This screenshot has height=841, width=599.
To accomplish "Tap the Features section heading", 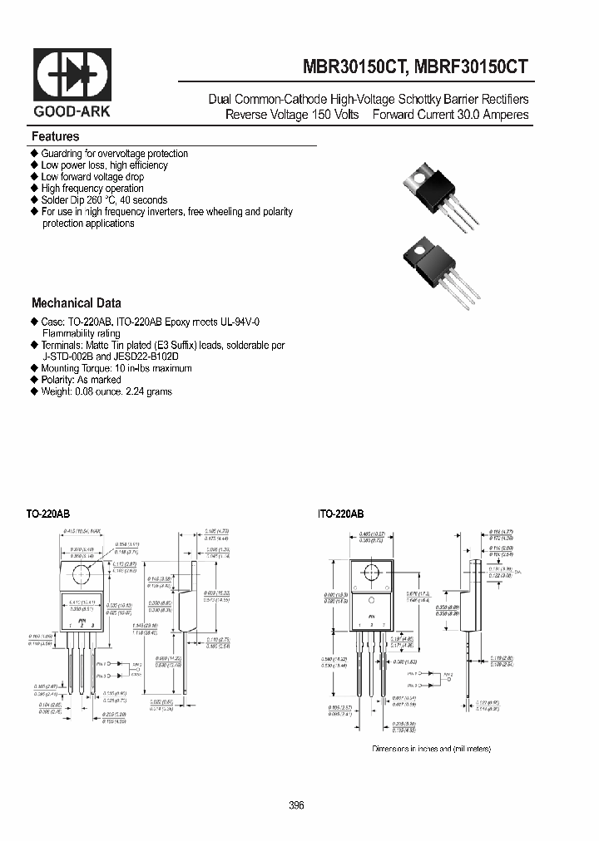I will click(x=56, y=136).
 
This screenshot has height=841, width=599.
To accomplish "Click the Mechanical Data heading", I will click(x=77, y=303).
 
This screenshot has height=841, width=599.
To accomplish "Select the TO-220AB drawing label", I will click(x=48, y=514).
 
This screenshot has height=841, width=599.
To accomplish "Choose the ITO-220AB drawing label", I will click(x=340, y=514).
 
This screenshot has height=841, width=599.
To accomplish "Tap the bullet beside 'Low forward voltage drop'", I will click(x=35, y=177).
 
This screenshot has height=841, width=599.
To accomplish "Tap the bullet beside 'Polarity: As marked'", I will click(x=35, y=380).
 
